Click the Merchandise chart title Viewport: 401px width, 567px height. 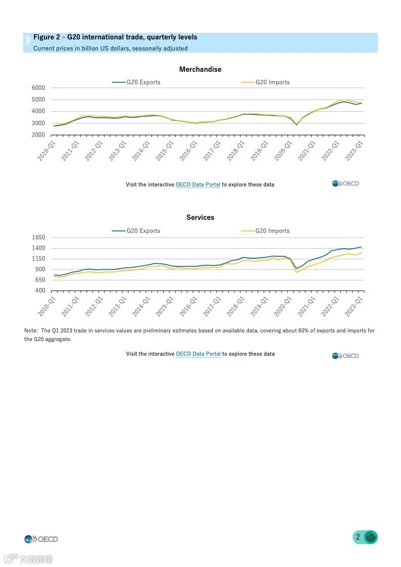(x=200, y=69)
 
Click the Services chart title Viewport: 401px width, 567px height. (x=200, y=217)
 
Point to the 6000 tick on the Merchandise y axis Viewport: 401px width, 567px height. (x=38, y=87)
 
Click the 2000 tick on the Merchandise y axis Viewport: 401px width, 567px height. (x=38, y=135)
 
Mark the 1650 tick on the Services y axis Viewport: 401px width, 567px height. (x=38, y=238)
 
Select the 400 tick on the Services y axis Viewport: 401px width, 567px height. (x=40, y=291)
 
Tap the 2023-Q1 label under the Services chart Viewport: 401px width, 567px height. (x=354, y=307)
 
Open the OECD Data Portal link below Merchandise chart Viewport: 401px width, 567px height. (x=198, y=184)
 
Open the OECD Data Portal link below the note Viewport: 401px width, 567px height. (x=198, y=354)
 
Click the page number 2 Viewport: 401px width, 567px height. (x=358, y=537)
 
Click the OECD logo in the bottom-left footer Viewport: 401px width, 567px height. (x=41, y=539)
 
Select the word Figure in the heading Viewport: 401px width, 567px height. (x=44, y=37)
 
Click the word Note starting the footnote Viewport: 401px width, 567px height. (x=30, y=330)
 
